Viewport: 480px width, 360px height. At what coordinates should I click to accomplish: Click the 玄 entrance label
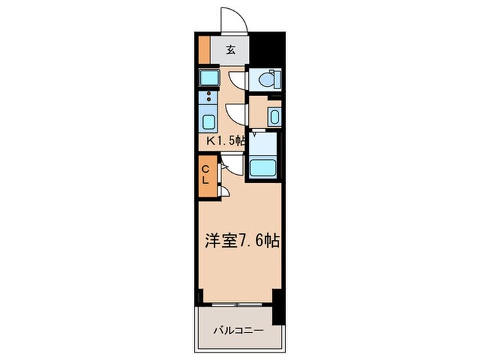231,49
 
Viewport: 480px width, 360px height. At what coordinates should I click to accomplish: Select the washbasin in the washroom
274,116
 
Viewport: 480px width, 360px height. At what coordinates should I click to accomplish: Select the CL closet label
206,174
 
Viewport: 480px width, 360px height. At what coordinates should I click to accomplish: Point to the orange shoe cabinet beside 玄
204,49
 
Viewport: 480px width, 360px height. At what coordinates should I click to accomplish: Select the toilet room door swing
237,79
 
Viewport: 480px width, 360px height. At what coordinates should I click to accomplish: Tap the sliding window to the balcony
237,302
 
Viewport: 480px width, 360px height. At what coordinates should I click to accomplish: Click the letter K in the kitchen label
213,141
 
